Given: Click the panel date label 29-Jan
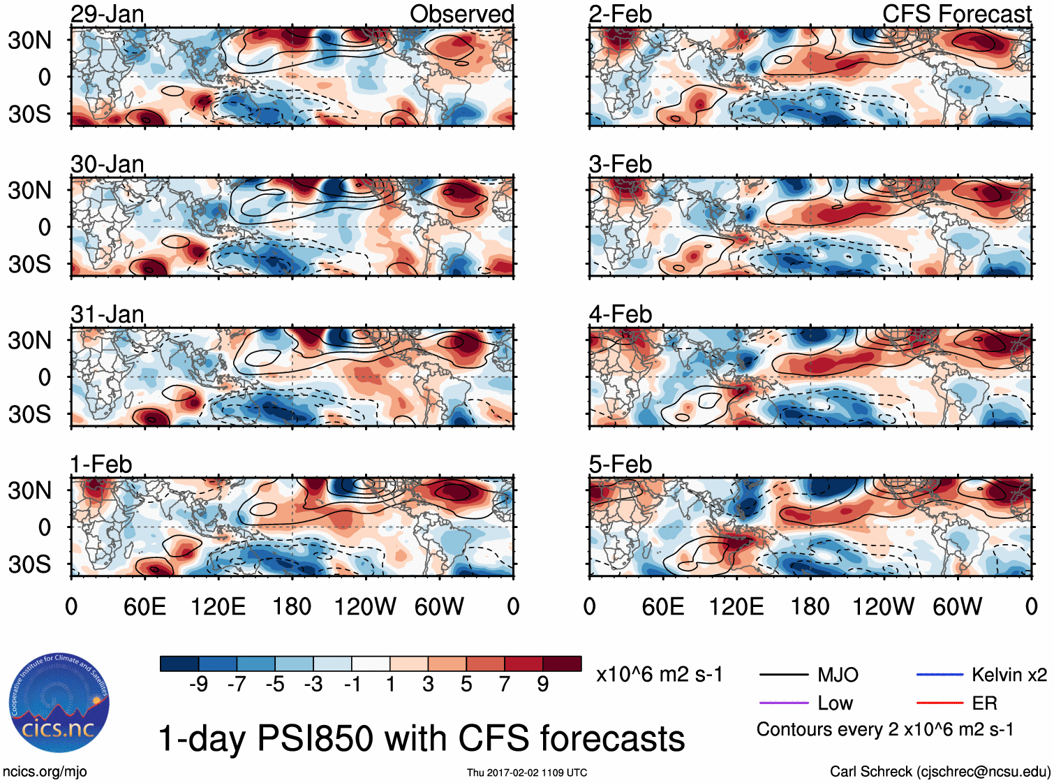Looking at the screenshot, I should (107, 14).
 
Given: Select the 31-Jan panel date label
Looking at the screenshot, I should (107, 314).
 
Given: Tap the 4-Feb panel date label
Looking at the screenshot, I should (620, 314).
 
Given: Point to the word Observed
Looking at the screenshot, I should (461, 14).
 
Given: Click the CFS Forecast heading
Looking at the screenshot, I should (956, 14).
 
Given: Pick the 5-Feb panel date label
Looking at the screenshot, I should (620, 464).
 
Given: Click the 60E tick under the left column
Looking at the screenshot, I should (144, 606).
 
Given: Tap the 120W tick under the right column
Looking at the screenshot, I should (883, 606).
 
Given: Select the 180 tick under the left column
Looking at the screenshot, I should (292, 606).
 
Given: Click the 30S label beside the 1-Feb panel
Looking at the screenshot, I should (29, 564).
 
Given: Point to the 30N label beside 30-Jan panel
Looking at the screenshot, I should (29, 190).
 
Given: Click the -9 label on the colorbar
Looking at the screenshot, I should (198, 685).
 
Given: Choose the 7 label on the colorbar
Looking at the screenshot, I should (505, 685).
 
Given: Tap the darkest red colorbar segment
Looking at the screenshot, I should (562, 664).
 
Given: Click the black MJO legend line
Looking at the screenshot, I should (783, 675).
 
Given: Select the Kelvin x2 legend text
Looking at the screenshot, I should (1009, 675).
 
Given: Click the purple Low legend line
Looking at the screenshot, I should (783, 703).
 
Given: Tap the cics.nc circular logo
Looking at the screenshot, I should (59, 703).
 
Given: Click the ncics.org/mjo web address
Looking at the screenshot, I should (45, 772).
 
